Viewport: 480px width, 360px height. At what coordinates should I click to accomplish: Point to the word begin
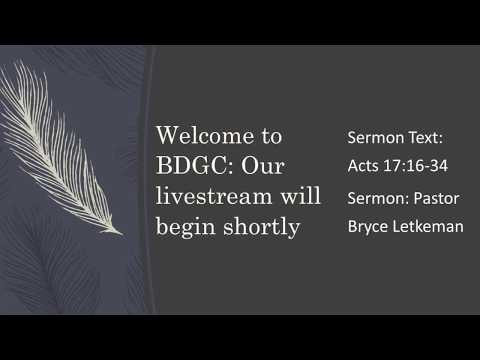[180, 227]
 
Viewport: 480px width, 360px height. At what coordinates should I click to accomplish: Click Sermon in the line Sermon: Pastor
[375, 197]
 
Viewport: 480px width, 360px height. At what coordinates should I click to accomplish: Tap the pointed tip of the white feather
[121, 234]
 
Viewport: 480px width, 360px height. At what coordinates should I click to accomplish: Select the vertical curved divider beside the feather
[148, 180]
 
